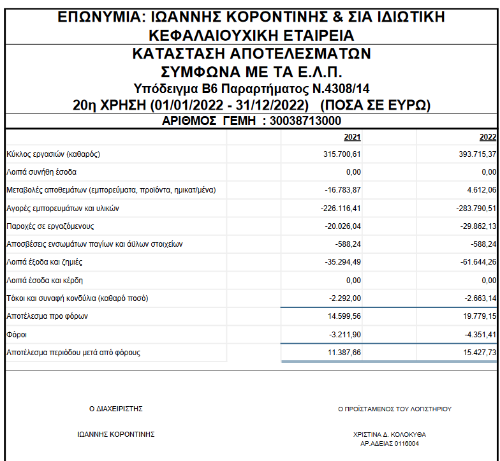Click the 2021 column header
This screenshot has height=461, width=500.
point(352,136)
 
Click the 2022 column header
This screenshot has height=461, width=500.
point(488,136)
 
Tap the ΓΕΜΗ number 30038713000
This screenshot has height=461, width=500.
point(305,121)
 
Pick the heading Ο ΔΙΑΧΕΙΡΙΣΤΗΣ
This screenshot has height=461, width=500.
point(115,409)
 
